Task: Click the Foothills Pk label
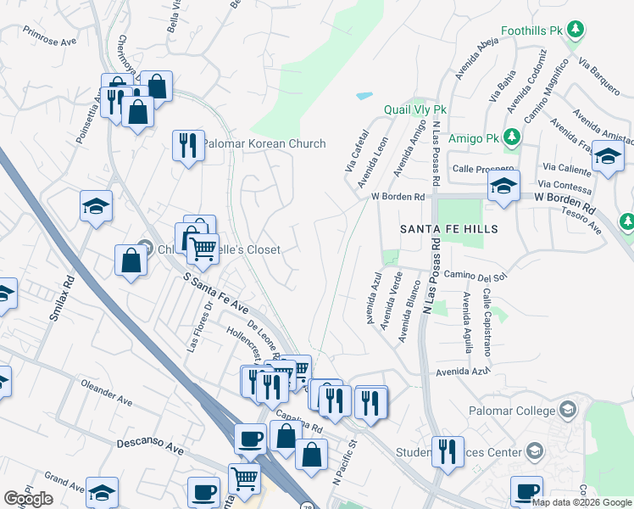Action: [x=532, y=31]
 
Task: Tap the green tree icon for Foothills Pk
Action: [x=576, y=31]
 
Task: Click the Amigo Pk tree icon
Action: [x=512, y=137]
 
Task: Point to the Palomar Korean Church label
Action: [x=264, y=143]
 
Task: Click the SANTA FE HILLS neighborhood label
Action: [x=449, y=229]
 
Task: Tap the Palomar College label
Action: [x=510, y=411]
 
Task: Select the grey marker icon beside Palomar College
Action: [x=568, y=411]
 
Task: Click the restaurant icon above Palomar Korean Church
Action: [x=188, y=145]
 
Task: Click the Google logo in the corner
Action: [x=28, y=499]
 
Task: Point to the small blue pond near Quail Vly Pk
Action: [x=364, y=95]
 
